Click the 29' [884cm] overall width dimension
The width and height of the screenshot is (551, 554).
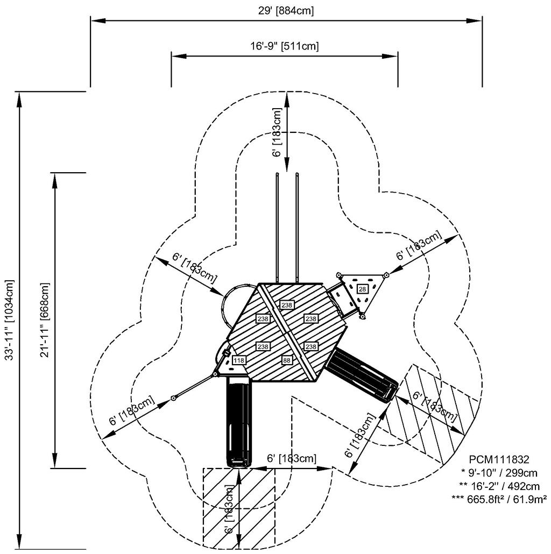[x=285, y=10]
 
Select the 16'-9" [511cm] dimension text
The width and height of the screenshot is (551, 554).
[x=284, y=46]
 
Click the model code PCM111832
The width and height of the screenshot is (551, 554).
[x=499, y=460]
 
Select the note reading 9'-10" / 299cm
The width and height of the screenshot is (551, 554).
[x=499, y=473]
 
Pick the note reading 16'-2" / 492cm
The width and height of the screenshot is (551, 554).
[x=499, y=486]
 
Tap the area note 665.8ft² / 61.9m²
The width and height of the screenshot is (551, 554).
[x=499, y=499]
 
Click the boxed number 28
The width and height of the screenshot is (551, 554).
[x=363, y=289]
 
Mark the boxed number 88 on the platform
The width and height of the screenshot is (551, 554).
[x=286, y=360]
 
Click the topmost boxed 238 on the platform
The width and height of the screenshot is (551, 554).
[x=286, y=305]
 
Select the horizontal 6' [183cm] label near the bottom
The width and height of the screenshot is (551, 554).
[x=292, y=458]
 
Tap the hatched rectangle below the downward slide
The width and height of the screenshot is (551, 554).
[x=238, y=508]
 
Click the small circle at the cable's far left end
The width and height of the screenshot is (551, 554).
[x=174, y=398]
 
